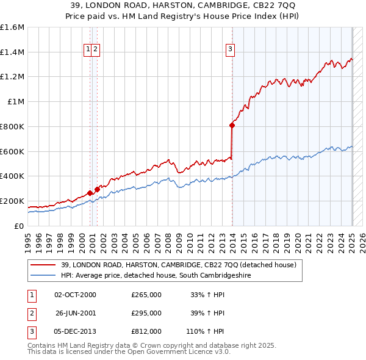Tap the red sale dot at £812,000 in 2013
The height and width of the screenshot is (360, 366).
point(232,125)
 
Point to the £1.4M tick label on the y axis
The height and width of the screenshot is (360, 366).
point(13,52)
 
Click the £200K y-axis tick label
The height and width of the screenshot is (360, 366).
point(12,201)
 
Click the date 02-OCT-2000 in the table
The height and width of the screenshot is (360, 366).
point(75,295)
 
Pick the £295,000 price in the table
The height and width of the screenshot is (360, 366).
point(146,313)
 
